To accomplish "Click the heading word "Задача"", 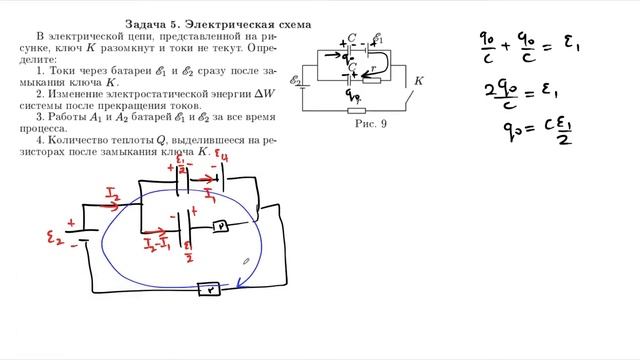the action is point(148,22).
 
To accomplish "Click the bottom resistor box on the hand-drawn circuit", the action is point(211,289).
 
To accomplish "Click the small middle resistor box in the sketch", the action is point(220,227).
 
